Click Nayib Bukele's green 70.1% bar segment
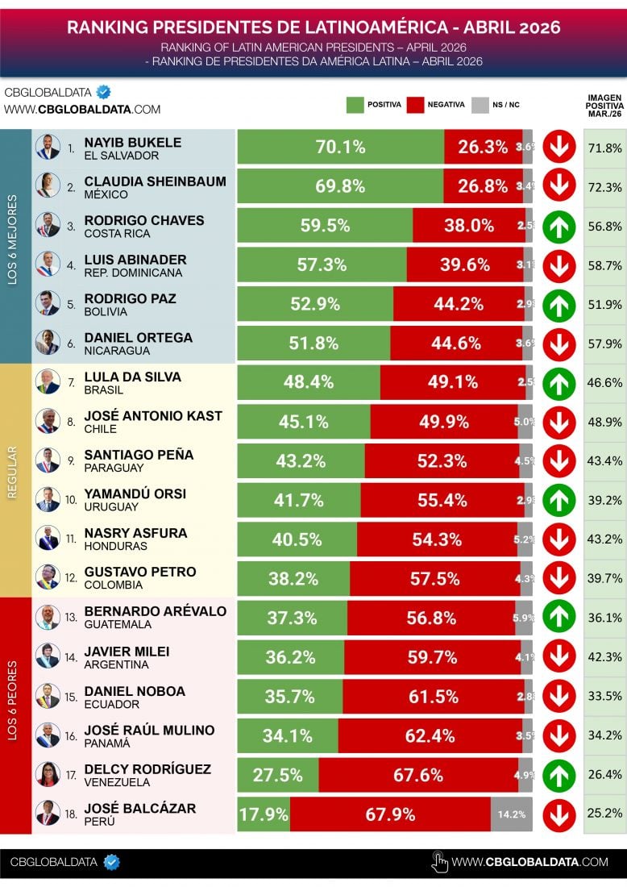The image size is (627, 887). pyautogui.click(x=340, y=148)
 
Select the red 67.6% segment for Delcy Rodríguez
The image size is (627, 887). pyautogui.click(x=418, y=775)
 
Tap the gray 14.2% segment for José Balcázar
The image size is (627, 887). pyautogui.click(x=512, y=814)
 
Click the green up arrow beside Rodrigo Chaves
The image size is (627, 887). pyautogui.click(x=558, y=226)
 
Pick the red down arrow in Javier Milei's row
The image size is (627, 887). pyautogui.click(x=558, y=656)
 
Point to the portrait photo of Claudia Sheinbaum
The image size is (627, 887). pyautogui.click(x=48, y=186)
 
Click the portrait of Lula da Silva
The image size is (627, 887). pyautogui.click(x=48, y=382)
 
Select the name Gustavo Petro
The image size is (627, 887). pyautogui.click(x=140, y=572)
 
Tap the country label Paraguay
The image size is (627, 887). pyautogui.click(x=114, y=468)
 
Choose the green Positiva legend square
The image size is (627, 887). pyautogui.click(x=355, y=105)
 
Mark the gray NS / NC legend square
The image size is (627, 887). pyautogui.click(x=480, y=105)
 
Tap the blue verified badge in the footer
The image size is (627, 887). pyautogui.click(x=112, y=862)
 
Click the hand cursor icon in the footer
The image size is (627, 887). pyautogui.click(x=439, y=862)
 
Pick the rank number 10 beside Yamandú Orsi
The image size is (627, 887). pyautogui.click(x=71, y=500)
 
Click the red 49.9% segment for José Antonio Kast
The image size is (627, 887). pyautogui.click(x=444, y=422)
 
